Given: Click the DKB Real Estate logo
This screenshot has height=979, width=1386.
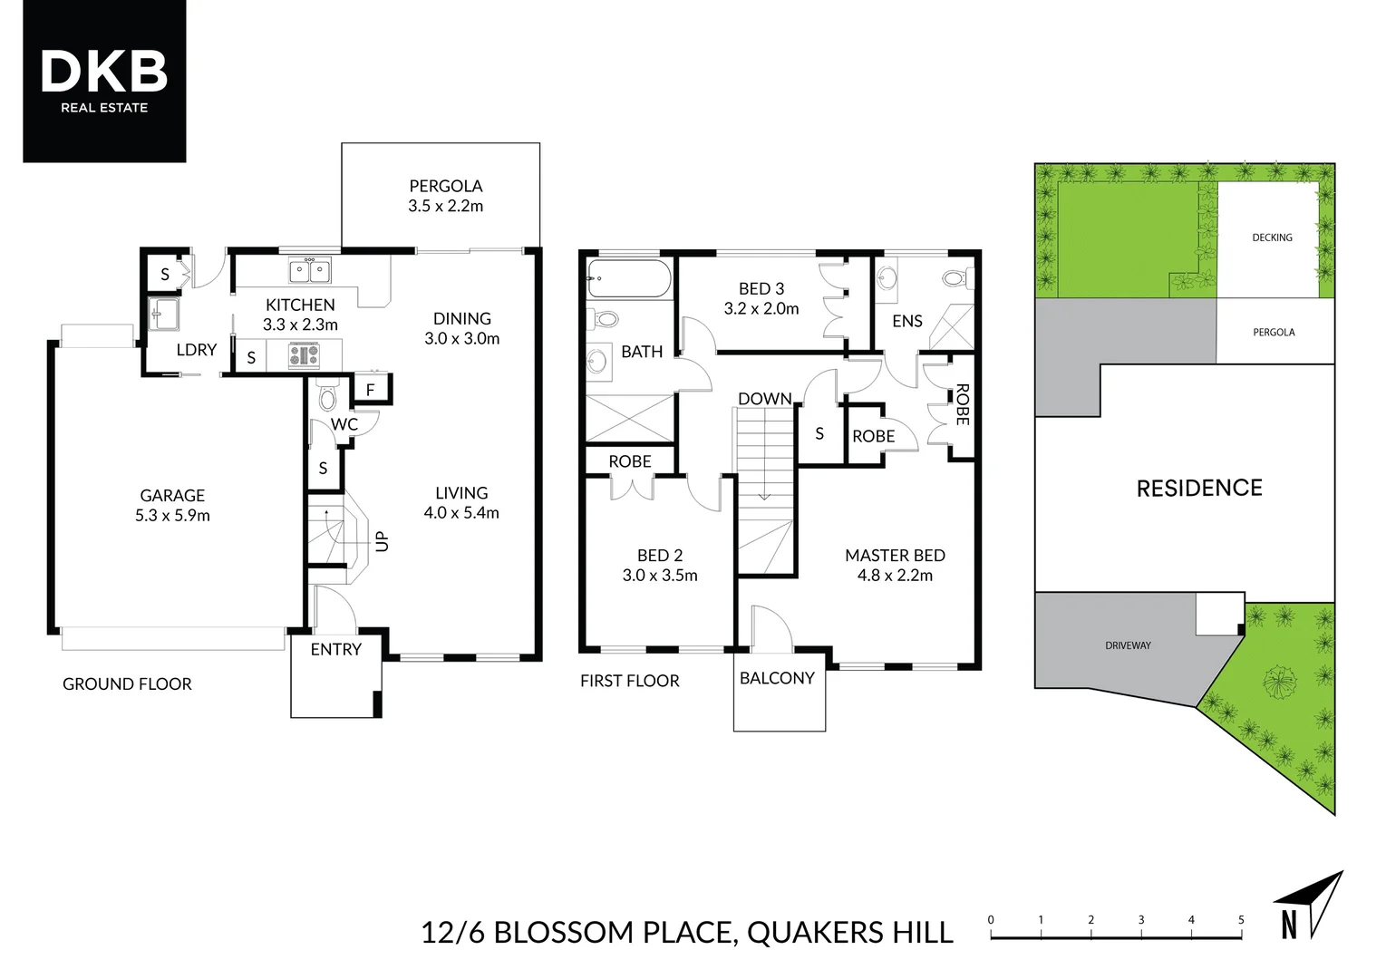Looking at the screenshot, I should click(104, 81).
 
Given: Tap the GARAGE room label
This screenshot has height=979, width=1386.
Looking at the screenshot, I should click(172, 496).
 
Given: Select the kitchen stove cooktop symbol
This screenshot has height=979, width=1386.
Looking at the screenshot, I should click(304, 354).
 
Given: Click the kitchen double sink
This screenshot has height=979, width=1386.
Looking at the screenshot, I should click(309, 270).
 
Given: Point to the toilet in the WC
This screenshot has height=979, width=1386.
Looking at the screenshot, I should click(327, 396).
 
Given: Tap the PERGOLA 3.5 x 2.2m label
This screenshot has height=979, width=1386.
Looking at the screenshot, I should click(445, 196).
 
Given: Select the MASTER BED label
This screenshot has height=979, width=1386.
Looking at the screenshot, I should click(895, 556).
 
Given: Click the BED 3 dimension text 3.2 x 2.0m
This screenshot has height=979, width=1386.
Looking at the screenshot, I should click(761, 308).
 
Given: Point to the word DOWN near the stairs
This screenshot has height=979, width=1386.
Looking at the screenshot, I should click(764, 399).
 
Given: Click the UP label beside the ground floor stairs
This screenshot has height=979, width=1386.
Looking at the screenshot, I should click(382, 541).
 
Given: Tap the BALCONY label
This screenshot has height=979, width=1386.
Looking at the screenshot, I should click(777, 678).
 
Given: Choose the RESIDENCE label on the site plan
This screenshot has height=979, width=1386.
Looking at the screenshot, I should click(1198, 489).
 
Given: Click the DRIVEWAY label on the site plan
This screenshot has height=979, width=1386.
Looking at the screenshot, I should click(1128, 645).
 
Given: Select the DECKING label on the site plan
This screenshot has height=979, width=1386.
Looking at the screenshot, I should click(1272, 237).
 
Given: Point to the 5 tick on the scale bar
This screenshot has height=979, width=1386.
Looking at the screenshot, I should click(1241, 920).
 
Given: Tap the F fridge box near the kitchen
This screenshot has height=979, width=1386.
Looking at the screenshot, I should click(370, 391).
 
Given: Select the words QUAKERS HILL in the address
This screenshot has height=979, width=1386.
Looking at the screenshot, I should click(849, 933).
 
